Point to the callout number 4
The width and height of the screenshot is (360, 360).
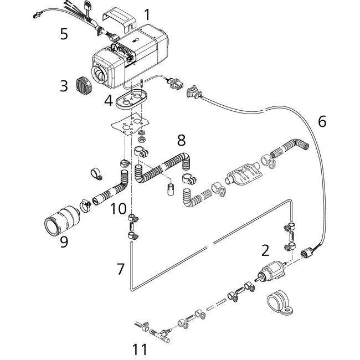click(109, 101)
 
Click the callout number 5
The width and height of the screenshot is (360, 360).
click(64, 34)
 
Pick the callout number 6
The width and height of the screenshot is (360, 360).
click(323, 120)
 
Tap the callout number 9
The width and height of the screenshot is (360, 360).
click(65, 242)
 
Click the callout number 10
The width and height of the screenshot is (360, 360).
click(118, 209)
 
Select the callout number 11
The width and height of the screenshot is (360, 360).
click(140, 349)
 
